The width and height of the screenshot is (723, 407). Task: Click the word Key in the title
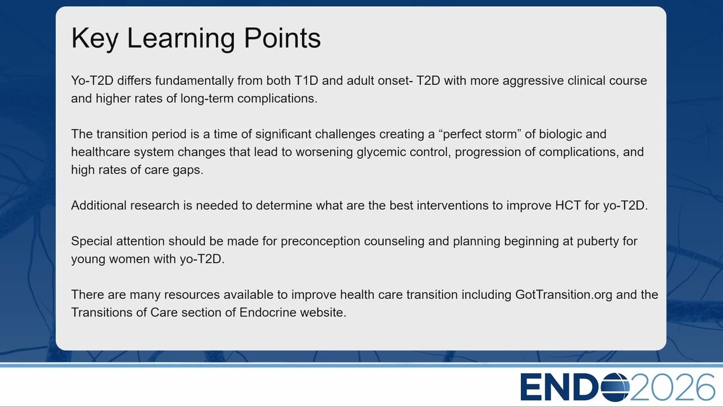point(95,38)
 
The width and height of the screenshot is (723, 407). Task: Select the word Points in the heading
point(282,38)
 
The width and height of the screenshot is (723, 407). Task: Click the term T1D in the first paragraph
point(306,80)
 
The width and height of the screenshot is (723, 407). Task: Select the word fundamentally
point(194,80)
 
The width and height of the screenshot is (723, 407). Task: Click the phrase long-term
point(207,98)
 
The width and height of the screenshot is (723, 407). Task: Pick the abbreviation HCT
point(568,205)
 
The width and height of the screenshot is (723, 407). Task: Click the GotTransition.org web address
point(564,295)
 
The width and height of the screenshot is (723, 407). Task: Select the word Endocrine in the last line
point(268,313)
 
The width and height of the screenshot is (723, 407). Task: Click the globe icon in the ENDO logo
point(615,387)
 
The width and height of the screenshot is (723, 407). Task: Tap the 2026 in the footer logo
point(673,387)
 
